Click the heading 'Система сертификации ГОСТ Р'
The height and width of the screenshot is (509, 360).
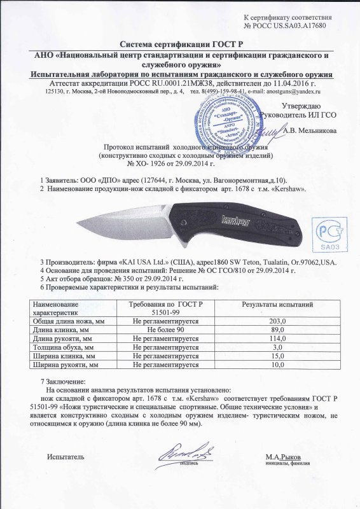(179, 44)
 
